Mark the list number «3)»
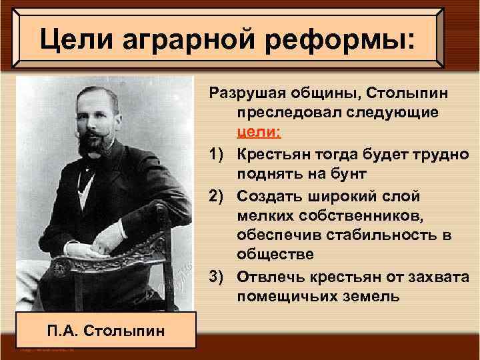click(x=219, y=277)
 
